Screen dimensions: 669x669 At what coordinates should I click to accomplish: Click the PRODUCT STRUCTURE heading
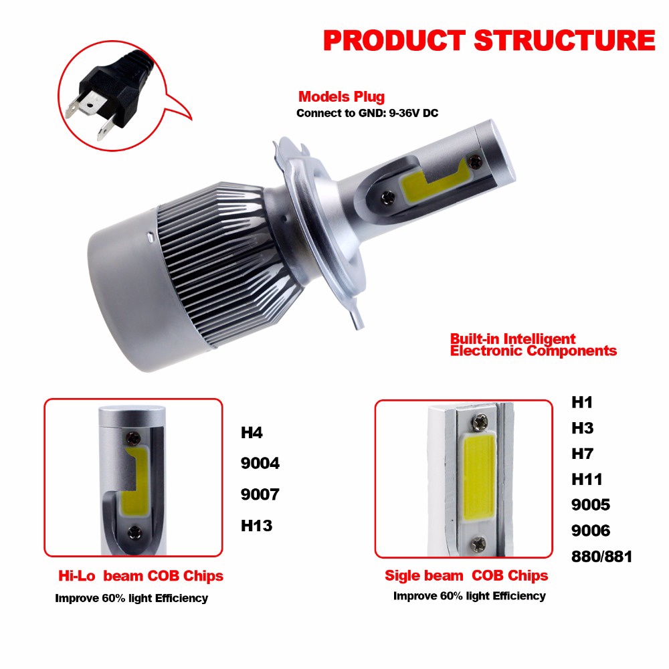coord(489,40)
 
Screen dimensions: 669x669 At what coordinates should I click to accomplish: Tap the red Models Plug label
coord(341,96)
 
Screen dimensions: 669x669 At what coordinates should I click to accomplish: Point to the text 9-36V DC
coord(415,113)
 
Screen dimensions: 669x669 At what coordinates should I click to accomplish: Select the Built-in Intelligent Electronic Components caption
coord(533,345)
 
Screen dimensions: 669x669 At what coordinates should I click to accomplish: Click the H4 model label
coord(252,432)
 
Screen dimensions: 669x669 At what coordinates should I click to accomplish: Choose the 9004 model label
coord(260,463)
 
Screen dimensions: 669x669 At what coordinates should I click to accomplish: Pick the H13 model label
coord(256,525)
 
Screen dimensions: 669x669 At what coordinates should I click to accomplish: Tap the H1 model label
coord(582,403)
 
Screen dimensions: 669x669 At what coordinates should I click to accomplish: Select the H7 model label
coord(582,454)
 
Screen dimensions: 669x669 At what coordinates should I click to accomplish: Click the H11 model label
coord(586,479)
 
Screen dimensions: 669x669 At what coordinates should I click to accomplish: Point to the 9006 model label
coord(590,531)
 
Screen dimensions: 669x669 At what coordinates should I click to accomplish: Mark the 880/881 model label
coord(601,556)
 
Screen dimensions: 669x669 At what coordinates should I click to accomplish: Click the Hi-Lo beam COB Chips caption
coord(139,575)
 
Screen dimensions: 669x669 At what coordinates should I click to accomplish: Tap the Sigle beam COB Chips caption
coord(466,575)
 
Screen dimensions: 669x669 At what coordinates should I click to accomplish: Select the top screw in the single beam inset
coord(480,423)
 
